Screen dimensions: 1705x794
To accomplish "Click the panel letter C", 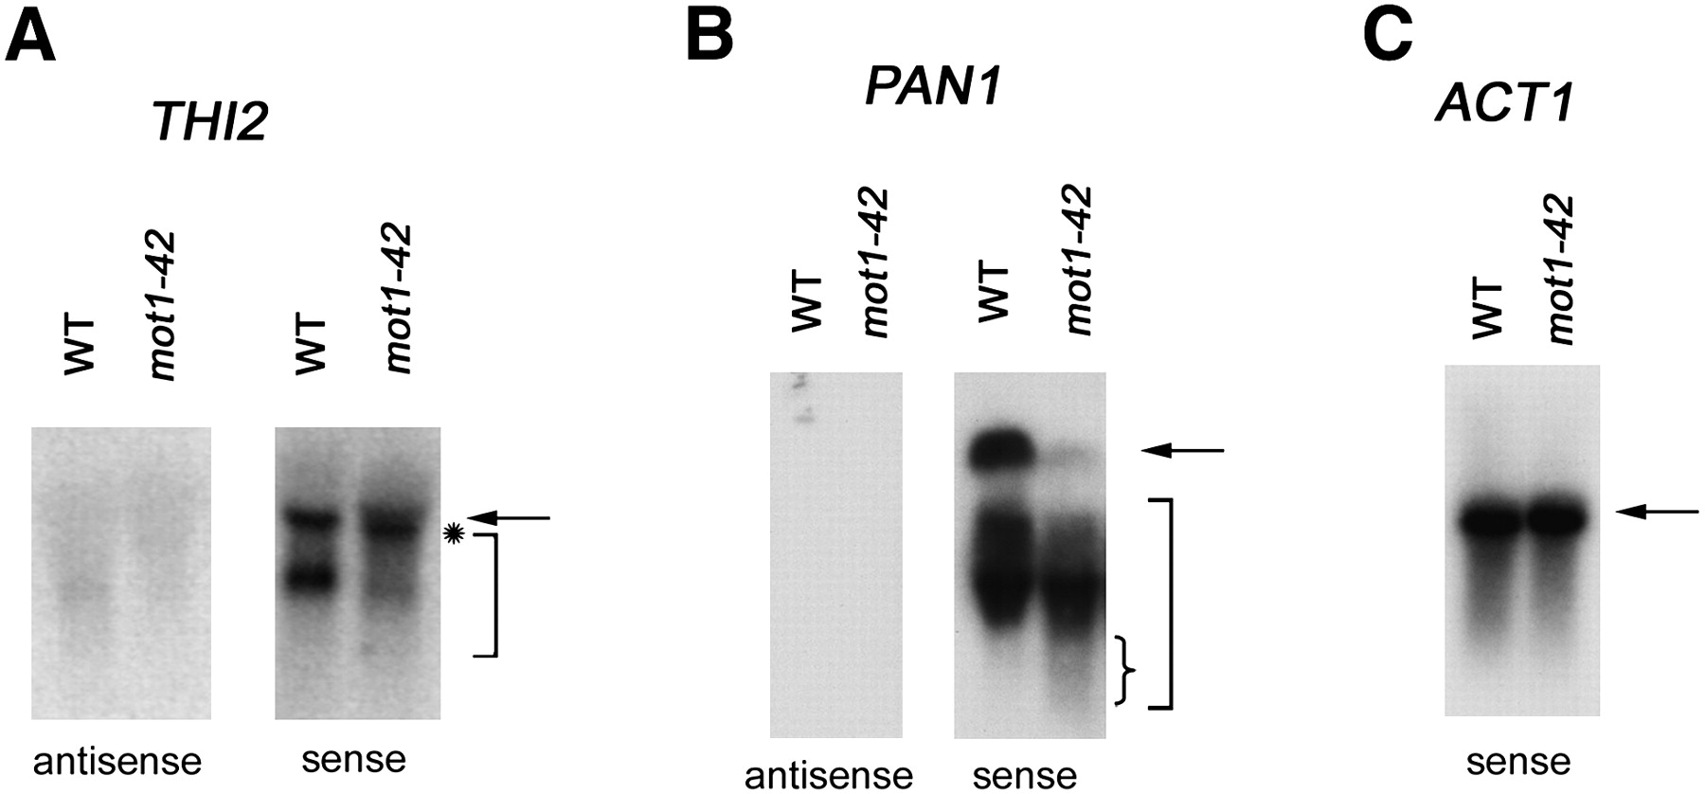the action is click(1388, 35).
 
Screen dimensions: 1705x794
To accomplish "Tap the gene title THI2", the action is click(210, 123).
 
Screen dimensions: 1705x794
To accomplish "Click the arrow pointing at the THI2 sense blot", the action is click(510, 517).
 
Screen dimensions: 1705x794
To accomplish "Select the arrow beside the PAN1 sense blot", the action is click(1183, 451).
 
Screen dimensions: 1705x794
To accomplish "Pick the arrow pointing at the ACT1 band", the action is click(1657, 512).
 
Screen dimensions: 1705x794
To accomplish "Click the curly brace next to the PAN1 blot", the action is click(1126, 670).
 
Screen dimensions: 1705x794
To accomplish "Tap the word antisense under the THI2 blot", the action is click(117, 760).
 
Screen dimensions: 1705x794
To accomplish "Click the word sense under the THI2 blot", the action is click(353, 758).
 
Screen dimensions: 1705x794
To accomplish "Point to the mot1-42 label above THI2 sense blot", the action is click(398, 298).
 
